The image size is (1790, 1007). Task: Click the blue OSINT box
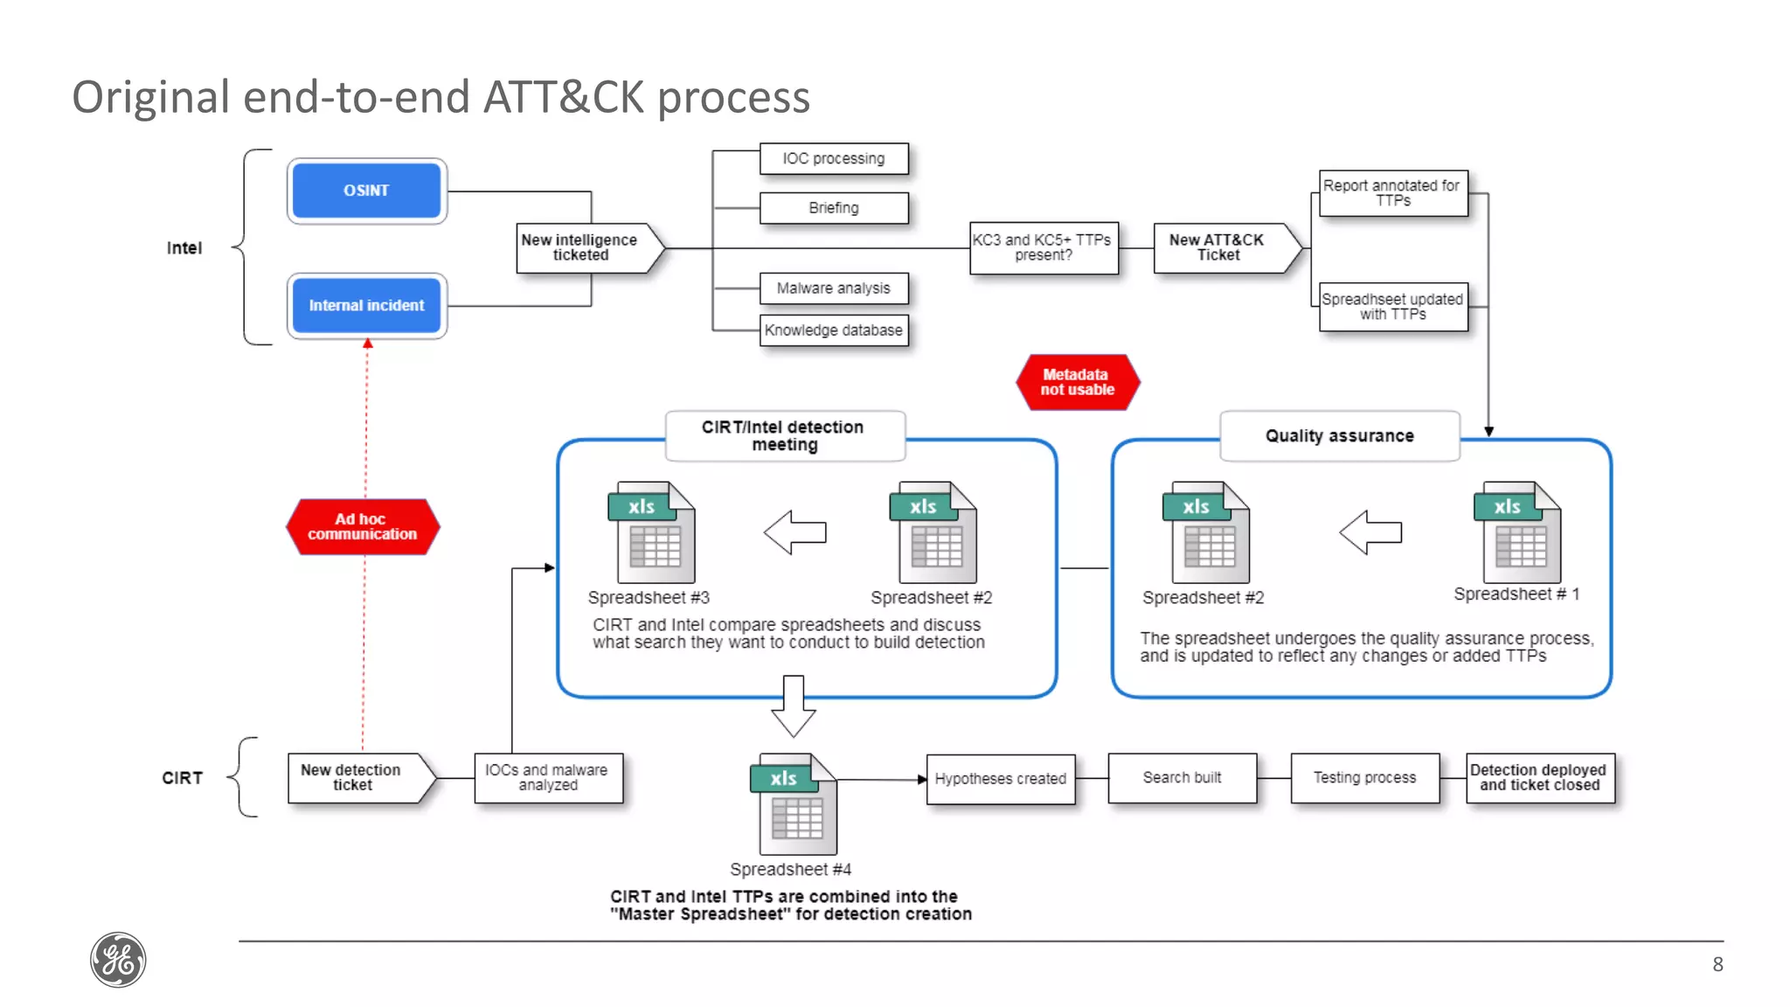[366, 191]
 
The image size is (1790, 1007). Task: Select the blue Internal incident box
[366, 305]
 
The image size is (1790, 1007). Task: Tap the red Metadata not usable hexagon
[1077, 382]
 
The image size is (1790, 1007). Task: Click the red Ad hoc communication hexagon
[362, 526]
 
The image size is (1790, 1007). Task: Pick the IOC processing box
[833, 159]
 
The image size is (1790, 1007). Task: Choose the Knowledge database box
[833, 330]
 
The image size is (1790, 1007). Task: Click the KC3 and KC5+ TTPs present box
[1043, 247]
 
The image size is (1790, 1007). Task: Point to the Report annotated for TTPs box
[1392, 193]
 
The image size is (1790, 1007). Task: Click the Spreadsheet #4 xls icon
[794, 804]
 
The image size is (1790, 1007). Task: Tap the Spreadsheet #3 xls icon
[652, 532]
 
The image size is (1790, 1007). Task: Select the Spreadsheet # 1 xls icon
[1516, 532]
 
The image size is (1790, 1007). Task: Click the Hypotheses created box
[1000, 778]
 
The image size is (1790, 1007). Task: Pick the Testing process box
[1364, 777]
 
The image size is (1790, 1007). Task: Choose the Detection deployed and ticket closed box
[1539, 777]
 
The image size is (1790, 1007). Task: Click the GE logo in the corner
[118, 960]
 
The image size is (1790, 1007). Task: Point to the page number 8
[1717, 964]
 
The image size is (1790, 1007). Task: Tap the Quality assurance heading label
[1339, 435]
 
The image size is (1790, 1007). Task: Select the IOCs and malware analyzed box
[548, 777]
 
